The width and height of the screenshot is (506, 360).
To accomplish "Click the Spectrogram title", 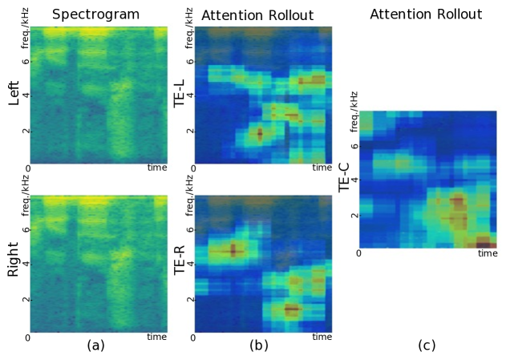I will (x=95, y=14).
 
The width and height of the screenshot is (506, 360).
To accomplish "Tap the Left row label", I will (x=13, y=96).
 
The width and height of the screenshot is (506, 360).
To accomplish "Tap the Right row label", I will (x=13, y=262).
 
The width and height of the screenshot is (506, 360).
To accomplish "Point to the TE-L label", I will (x=181, y=96).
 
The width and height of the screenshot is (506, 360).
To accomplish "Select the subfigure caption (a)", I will (x=95, y=346).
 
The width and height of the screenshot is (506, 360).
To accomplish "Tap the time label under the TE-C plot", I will (x=488, y=253).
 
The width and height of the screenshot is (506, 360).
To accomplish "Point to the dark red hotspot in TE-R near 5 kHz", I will (x=233, y=249).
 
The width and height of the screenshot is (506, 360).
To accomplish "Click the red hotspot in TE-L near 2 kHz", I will (x=259, y=134).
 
